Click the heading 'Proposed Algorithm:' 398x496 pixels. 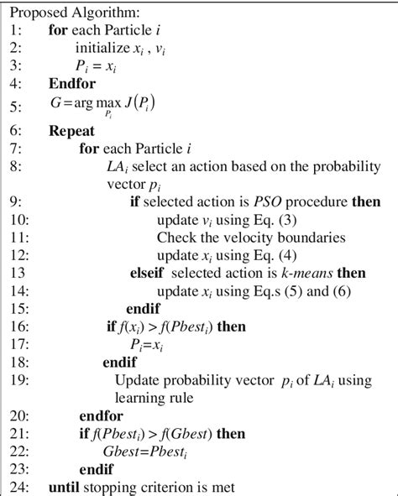(63, 13)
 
